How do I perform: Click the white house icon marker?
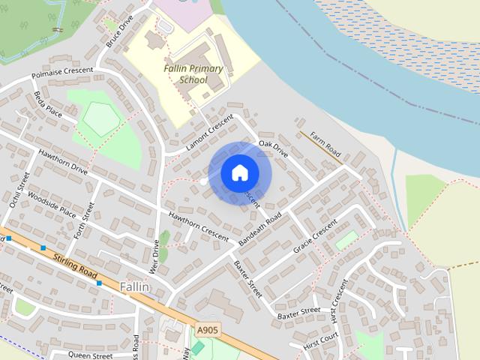[x=240, y=173]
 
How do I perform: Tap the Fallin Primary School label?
[x=193, y=74]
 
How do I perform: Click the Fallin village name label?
[x=135, y=287]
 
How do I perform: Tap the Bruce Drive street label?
[x=118, y=31]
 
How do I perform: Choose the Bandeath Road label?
[x=259, y=230]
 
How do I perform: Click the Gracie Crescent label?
[x=315, y=237]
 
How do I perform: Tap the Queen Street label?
[x=90, y=355]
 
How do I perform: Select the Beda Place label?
[x=48, y=104]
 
